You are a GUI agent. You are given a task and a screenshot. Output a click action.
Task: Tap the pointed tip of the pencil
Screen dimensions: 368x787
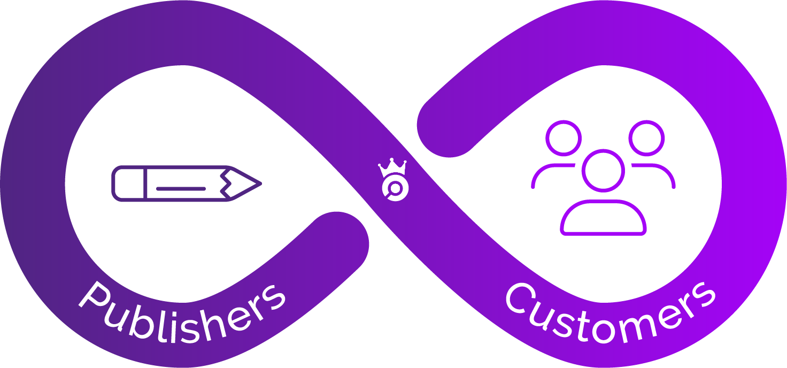[259, 183]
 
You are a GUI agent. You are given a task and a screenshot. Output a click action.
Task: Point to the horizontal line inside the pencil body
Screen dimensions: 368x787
[181, 188]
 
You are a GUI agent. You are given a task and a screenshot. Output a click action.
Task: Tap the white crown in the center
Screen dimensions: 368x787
[392, 169]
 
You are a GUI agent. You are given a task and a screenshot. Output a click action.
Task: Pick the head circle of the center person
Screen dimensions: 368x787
[603, 170]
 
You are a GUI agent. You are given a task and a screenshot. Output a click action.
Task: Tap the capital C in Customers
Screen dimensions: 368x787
[518, 300]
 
